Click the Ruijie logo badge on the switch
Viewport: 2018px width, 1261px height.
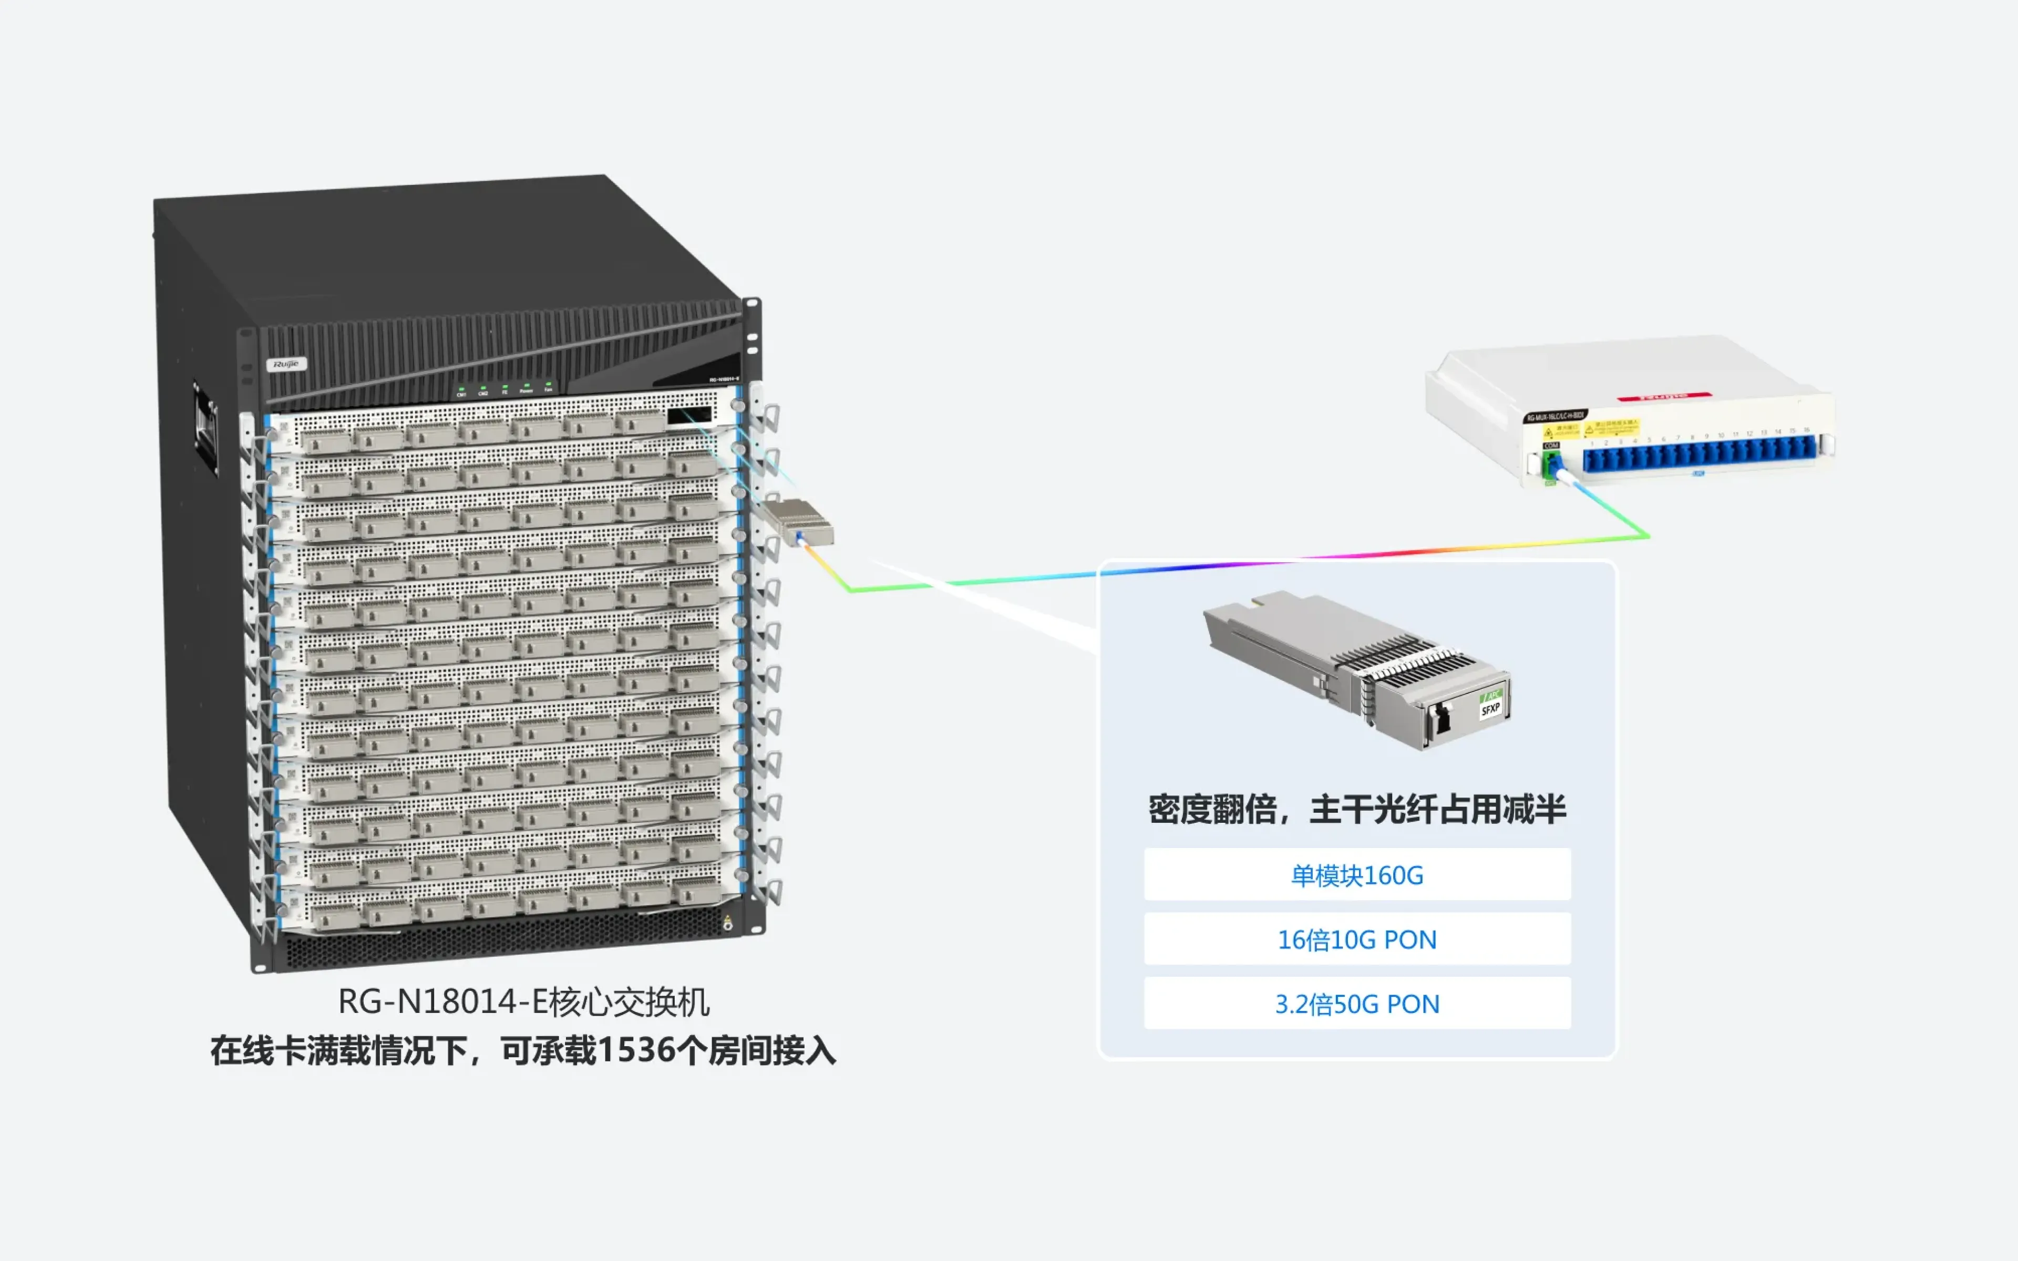tap(286, 364)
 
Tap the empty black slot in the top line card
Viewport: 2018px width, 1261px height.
tap(689, 415)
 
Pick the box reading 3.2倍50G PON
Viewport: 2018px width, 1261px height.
tap(1357, 1004)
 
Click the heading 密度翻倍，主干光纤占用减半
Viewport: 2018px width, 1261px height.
tap(1357, 809)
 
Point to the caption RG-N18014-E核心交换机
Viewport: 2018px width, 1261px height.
tap(523, 1001)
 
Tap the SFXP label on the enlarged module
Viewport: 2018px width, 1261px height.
tap(1490, 709)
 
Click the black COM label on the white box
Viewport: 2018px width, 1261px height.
tap(1551, 446)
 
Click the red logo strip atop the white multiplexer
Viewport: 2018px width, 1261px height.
tap(1664, 396)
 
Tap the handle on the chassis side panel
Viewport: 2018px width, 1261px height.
tap(205, 427)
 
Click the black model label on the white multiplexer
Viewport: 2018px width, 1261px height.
tap(1555, 415)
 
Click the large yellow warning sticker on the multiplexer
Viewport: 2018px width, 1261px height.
tap(1611, 427)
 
